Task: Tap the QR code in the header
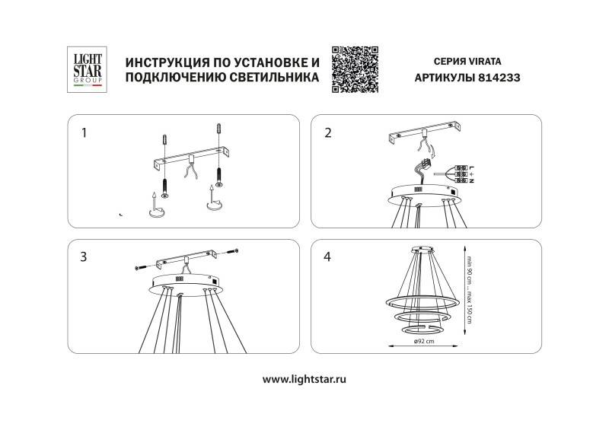pos(356,68)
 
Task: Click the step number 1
pos(84,133)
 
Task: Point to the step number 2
pos(328,133)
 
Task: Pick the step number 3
pos(84,257)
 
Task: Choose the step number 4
pos(328,257)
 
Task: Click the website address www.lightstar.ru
pos(304,378)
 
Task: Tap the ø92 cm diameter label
pos(423,342)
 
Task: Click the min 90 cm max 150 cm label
pos(470,286)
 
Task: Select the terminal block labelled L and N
pos(460,174)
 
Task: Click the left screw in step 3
pos(142,267)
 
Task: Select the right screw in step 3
pos(231,252)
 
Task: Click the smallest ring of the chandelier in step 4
pos(420,331)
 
